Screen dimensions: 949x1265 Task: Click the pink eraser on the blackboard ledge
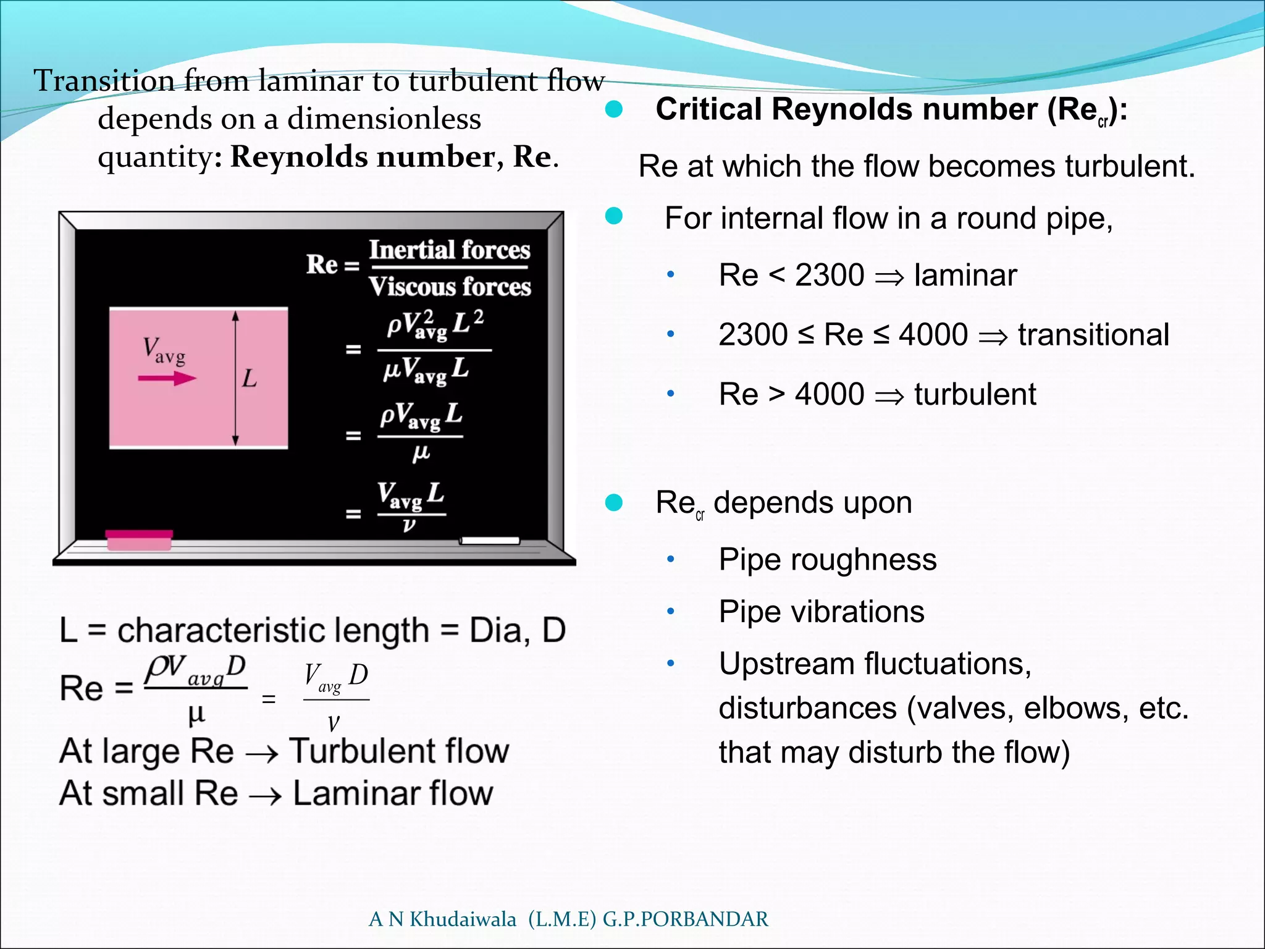(139, 539)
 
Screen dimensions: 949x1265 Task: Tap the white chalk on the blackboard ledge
(490, 541)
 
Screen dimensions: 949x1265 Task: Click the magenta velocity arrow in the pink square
(167, 378)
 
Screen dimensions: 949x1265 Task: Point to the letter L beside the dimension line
(250, 378)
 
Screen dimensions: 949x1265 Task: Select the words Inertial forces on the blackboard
(450, 250)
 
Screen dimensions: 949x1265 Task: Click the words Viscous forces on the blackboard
(450, 287)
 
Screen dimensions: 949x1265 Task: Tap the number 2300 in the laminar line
(829, 275)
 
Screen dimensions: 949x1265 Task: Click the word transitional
(1093, 335)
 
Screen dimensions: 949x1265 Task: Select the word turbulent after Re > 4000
(975, 394)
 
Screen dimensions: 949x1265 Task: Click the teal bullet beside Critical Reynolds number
(614, 110)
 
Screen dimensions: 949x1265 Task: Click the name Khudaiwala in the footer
(463, 919)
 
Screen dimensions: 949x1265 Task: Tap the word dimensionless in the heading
(384, 119)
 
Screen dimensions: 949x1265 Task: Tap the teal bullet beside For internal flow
(614, 216)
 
